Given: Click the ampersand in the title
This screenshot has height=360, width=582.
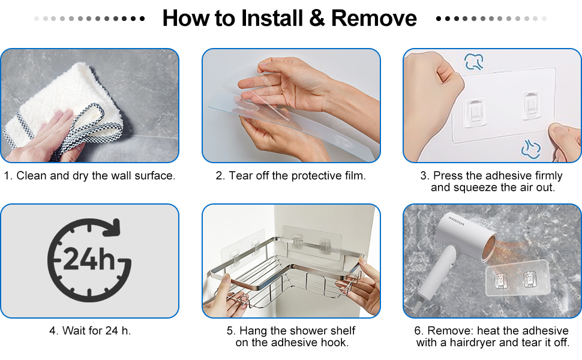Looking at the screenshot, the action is [x=317, y=18].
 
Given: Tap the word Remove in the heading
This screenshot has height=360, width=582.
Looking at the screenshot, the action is [x=374, y=18].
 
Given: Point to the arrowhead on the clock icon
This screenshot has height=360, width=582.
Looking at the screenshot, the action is [x=113, y=227].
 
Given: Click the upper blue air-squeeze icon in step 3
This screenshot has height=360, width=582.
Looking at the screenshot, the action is [x=474, y=62].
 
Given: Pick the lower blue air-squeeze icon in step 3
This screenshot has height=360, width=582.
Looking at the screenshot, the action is [x=531, y=149].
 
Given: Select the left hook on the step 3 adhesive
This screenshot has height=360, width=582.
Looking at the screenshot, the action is [x=475, y=112].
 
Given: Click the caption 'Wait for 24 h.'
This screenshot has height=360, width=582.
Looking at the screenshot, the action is [x=90, y=331].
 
